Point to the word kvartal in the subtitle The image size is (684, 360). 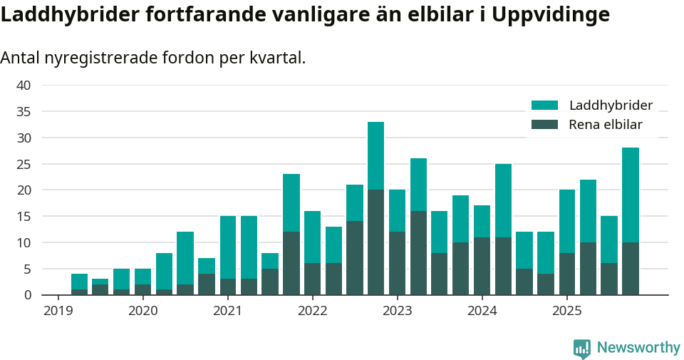click(x=275, y=58)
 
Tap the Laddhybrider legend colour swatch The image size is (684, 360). click(x=545, y=106)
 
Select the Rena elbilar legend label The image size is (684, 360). click(x=605, y=125)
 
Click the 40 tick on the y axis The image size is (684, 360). click(x=24, y=86)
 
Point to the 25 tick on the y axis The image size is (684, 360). click(x=24, y=164)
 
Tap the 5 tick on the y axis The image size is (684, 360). click(x=27, y=269)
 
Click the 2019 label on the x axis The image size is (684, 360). click(x=58, y=311)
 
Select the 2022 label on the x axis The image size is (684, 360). click(x=312, y=311)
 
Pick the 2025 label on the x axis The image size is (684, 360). click(x=566, y=311)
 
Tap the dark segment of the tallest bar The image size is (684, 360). click(x=375, y=242)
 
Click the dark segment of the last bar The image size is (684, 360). click(x=630, y=269)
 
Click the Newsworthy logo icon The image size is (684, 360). click(x=582, y=348)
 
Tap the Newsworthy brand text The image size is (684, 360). click(x=638, y=348)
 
